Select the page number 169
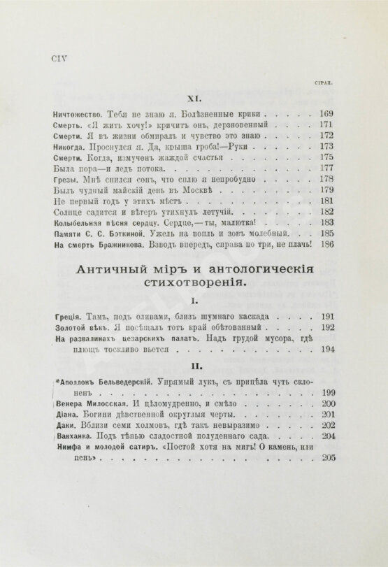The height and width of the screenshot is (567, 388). [326, 114]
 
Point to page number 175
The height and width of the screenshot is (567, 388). [326, 159]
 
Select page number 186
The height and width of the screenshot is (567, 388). [326, 245]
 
